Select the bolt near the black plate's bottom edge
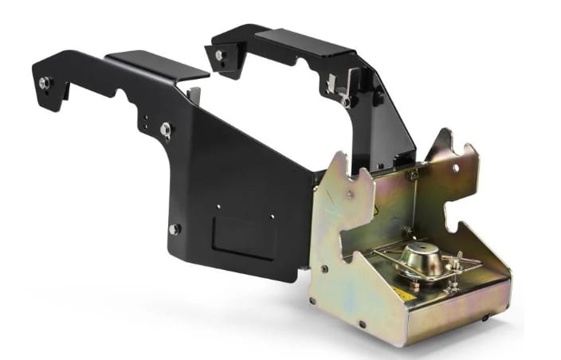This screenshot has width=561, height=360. [174, 229]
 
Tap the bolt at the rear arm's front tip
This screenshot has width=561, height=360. [219, 56]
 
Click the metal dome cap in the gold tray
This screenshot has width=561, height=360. [423, 258]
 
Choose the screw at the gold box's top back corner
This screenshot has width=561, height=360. [413, 174]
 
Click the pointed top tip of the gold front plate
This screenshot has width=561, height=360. [340, 156]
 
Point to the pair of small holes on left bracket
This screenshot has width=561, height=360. [146, 120]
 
